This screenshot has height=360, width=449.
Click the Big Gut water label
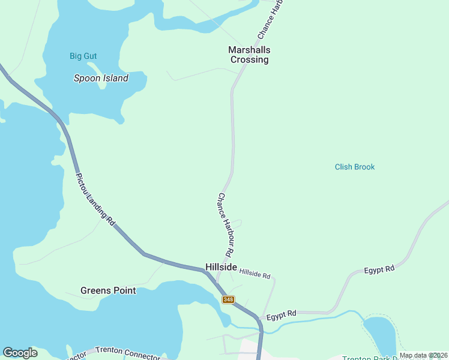pos(83,56)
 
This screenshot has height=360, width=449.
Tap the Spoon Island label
pos(101,78)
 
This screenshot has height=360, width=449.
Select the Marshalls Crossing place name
pos(249,55)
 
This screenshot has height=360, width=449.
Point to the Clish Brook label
pos(354,167)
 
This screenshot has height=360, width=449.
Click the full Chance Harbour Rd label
pos(225,223)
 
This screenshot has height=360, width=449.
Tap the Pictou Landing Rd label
pos(95,200)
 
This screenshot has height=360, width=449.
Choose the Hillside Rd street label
pos(255,274)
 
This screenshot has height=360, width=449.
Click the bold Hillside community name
pos(221,267)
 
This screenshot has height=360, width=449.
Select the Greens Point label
pos(108,290)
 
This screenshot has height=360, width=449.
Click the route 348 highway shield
pos(228,299)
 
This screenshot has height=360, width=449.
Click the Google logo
pos(20,353)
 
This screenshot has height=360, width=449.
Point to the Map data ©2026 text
pos(423,355)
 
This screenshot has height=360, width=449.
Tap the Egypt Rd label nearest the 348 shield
pos(282,314)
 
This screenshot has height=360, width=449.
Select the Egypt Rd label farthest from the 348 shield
pos(379,270)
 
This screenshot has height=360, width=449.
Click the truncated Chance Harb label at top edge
pos(270,20)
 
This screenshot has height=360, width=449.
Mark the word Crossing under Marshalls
pos(249,59)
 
